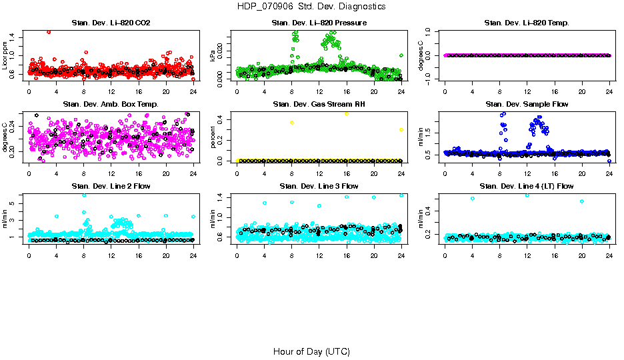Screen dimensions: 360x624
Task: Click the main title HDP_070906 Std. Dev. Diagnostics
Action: [x=311, y=7]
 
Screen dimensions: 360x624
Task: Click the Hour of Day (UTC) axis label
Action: [x=311, y=351]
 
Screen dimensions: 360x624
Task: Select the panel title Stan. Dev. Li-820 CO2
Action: [x=111, y=23]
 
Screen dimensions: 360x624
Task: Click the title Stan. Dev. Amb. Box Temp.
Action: [x=111, y=105]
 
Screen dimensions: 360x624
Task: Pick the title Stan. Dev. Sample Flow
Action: [x=527, y=105]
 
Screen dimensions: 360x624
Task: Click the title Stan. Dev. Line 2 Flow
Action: [x=111, y=186]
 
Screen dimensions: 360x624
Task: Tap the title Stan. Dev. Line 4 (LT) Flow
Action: [x=527, y=186]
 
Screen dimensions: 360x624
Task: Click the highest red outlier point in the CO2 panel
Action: [x=49, y=31]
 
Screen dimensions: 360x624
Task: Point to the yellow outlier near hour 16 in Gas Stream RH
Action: [x=347, y=114]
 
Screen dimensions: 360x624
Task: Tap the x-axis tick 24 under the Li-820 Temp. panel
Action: [x=609, y=91]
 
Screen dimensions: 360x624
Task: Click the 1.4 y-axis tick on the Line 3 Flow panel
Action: [x=226, y=197]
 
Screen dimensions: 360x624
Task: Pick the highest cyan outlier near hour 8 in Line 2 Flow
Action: [x=84, y=195]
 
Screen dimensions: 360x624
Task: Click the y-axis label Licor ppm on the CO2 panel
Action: [x=5, y=56]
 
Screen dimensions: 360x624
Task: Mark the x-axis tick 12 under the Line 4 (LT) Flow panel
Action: [x=527, y=254]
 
